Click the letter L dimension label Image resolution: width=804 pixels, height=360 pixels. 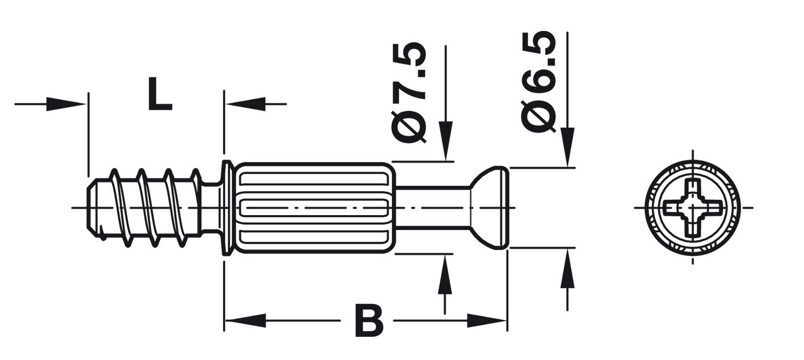click(x=160, y=93)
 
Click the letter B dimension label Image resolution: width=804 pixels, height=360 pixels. click(x=369, y=321)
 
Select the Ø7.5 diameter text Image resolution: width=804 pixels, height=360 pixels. click(x=409, y=92)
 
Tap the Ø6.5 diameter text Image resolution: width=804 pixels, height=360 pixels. click(x=539, y=81)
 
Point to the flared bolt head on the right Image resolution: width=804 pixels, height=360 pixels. click(x=489, y=207)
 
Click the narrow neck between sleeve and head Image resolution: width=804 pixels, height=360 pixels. click(x=432, y=207)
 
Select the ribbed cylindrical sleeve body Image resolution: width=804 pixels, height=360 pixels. click(x=315, y=207)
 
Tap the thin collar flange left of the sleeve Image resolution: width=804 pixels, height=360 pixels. click(x=227, y=207)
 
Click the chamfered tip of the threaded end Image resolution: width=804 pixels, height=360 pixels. click(x=92, y=207)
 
